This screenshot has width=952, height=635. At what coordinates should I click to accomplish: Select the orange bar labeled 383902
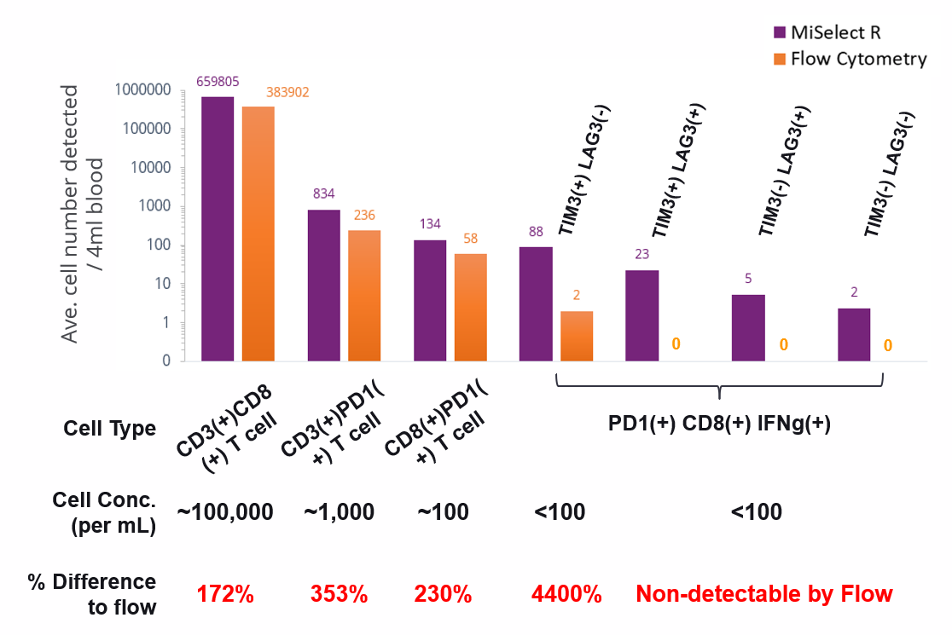click(x=258, y=234)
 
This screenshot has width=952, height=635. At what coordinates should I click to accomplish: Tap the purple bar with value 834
click(x=323, y=285)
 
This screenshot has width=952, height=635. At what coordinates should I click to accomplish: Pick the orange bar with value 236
click(x=364, y=295)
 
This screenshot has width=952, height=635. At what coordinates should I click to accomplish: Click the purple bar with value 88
click(x=536, y=303)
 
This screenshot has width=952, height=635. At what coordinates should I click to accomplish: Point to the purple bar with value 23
click(x=641, y=315)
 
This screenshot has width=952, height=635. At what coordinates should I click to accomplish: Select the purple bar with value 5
click(x=748, y=327)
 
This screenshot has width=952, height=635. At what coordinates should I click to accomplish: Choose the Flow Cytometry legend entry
click(x=849, y=59)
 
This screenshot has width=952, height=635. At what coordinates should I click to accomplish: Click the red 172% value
click(x=225, y=593)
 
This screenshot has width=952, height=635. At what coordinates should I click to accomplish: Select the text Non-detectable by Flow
click(x=764, y=593)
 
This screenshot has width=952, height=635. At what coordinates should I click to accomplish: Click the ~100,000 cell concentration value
click(x=225, y=512)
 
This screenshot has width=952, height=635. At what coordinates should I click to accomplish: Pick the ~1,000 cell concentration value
click(x=339, y=512)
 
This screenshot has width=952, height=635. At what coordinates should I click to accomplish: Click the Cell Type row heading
click(x=110, y=428)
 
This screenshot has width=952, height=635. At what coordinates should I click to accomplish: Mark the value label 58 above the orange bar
click(x=470, y=239)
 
